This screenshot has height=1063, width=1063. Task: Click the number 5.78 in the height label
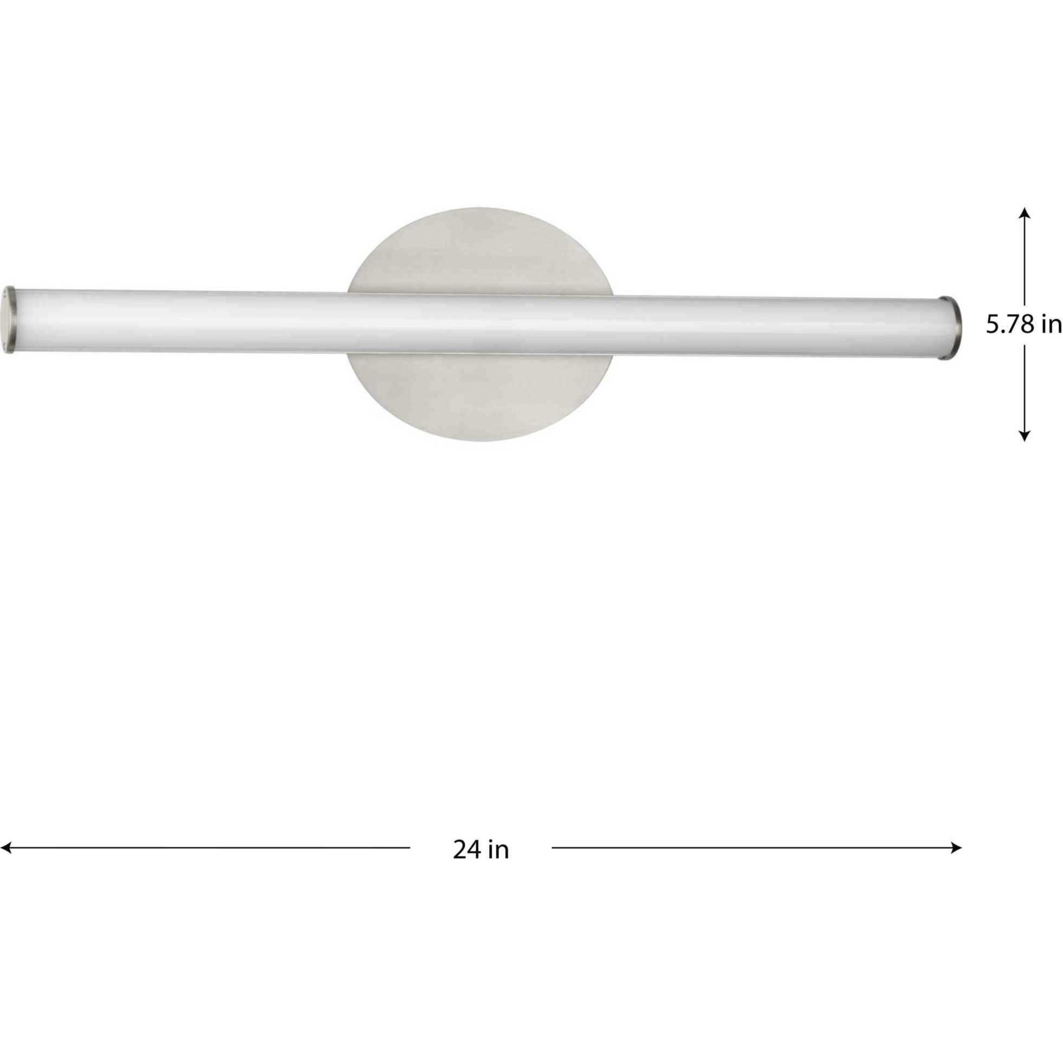point(1008,325)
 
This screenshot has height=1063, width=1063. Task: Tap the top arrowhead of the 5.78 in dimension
point(1024,213)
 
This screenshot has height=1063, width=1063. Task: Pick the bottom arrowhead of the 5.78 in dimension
point(1024,436)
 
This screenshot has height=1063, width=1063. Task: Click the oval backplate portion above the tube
point(479,253)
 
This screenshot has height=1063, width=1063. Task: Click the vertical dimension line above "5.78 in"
point(1024,259)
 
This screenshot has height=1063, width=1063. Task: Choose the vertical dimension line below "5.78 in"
point(1024,390)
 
